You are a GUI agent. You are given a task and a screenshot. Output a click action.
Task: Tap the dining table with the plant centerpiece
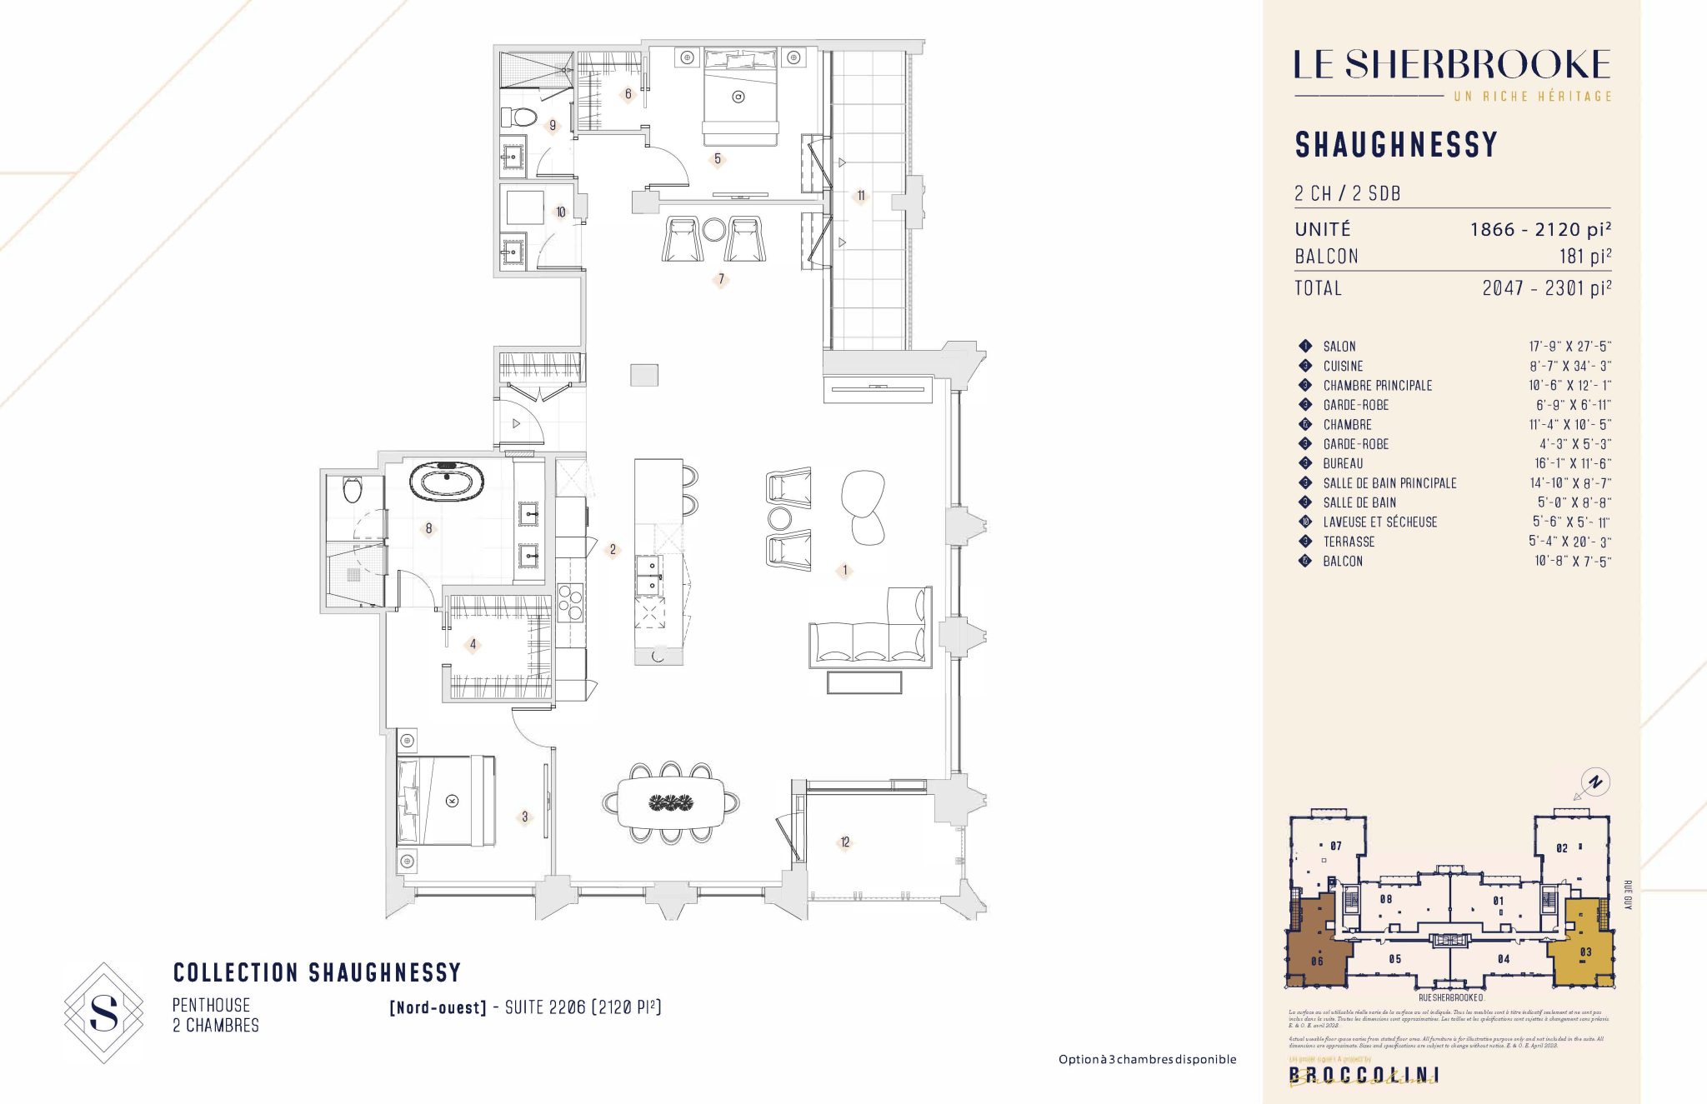point(671,802)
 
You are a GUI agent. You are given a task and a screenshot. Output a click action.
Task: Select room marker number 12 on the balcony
point(845,842)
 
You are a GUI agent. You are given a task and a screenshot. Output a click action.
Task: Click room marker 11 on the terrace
point(861,196)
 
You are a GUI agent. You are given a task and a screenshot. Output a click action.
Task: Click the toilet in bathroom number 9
point(518,117)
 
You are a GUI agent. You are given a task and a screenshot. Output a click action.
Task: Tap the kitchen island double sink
point(649,576)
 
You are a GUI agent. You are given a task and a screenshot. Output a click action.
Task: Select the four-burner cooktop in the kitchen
point(570,602)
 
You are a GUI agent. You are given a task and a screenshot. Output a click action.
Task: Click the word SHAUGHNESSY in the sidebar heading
point(1396,145)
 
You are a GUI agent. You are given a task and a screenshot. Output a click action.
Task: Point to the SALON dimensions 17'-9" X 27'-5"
point(1569,347)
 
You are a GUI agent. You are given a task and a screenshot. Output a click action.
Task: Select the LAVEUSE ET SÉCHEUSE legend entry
point(1379,522)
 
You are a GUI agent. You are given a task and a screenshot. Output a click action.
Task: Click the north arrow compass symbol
point(1594,782)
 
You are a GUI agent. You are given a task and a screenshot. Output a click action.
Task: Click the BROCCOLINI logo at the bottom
point(1364,1075)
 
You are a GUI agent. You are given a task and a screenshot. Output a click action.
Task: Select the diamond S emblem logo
point(104,1013)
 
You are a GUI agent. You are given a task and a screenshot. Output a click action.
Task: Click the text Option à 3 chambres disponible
point(1147,1060)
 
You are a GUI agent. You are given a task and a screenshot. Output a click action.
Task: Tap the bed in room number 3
point(446,801)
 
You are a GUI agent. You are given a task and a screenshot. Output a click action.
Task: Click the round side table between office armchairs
point(714,230)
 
